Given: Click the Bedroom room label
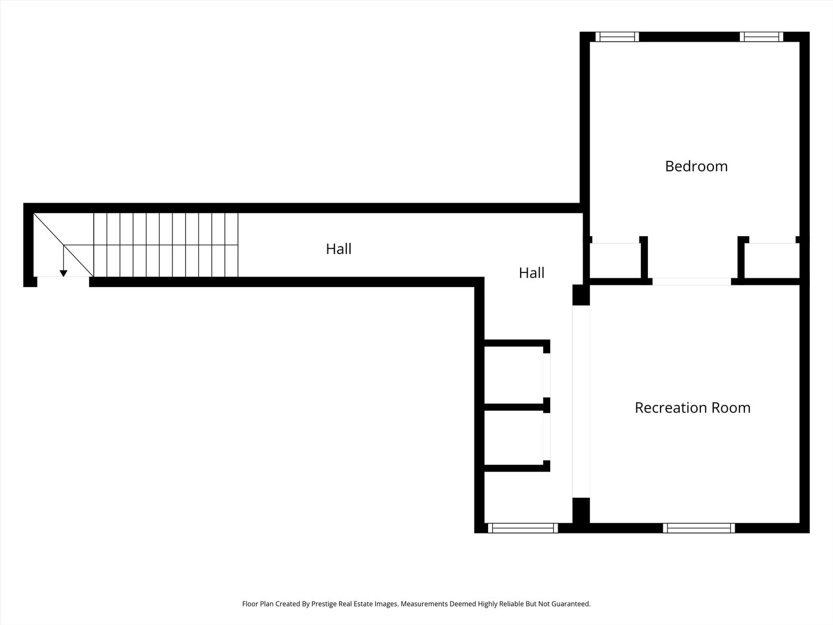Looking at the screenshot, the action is tap(696, 166).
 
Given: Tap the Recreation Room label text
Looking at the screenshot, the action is tap(692, 408).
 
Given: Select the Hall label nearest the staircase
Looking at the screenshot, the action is tap(338, 249).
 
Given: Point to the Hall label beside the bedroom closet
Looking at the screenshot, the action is tap(531, 273).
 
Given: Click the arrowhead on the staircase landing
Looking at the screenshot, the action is tap(64, 273).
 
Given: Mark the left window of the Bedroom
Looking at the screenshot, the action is tap(617, 37).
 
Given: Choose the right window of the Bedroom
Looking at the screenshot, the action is tap(761, 37).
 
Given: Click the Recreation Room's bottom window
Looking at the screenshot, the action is tap(699, 528).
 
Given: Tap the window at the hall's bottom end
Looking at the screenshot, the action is tap(522, 528).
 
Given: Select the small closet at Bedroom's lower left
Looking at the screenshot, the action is tap(615, 260).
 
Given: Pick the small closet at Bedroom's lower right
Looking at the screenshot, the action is tap(772, 260).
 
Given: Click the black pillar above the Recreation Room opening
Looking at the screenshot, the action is tap(581, 295).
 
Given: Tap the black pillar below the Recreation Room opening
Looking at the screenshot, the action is tap(581, 511).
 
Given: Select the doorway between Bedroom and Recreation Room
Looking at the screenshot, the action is tap(691, 282).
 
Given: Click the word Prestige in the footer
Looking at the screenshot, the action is tap(324, 604).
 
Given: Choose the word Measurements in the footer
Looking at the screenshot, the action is tap(424, 604).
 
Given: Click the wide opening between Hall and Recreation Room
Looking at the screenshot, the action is tap(581, 402).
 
